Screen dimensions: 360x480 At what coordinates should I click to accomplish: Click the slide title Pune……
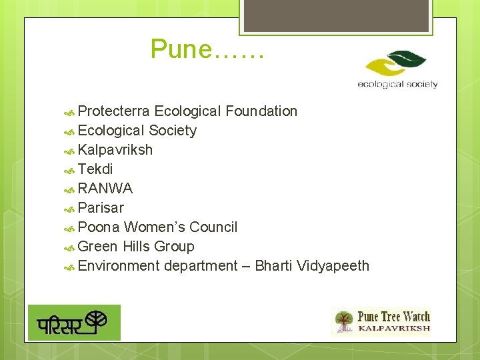coord(207,49)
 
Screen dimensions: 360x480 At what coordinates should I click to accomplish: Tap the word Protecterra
coord(113,111)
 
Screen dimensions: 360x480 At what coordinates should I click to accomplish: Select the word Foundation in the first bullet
coord(261,111)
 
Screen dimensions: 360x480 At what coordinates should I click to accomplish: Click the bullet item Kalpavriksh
coord(115,150)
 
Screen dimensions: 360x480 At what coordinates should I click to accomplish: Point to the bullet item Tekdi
coord(95,169)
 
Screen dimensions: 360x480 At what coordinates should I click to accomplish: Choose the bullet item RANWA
coord(105,189)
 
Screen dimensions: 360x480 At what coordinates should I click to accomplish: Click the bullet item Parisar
coord(101,208)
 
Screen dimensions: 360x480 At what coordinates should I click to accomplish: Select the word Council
coord(213,227)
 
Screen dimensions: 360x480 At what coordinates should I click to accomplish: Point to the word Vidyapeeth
coord(333,266)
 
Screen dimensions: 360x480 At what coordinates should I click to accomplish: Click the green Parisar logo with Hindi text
coord(74,323)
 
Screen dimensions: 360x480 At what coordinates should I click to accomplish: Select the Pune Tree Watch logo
coord(381,321)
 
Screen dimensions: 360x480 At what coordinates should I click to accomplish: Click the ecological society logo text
coord(397,85)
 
